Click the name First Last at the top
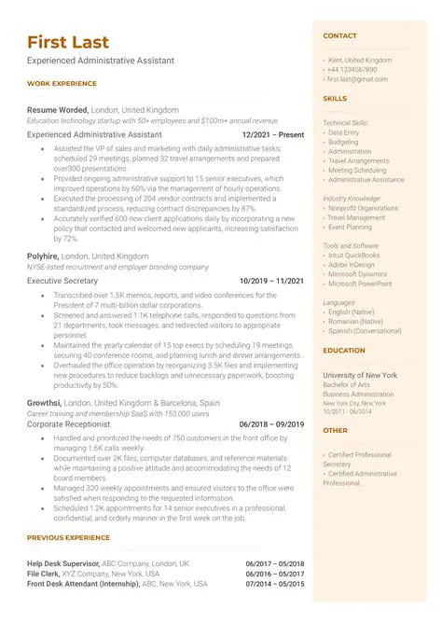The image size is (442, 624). [x=68, y=42]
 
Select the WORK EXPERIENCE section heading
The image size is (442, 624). [x=62, y=83]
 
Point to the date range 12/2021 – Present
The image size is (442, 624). [x=272, y=134]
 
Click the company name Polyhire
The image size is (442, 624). [x=43, y=256]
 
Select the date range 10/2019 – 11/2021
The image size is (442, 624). [x=271, y=280]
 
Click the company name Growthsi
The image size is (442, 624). [x=45, y=402]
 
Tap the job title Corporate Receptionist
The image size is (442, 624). [x=74, y=423]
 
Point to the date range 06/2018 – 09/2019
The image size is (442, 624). [x=271, y=423]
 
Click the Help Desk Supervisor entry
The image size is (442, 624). [x=70, y=563]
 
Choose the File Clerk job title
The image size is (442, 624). [x=45, y=573]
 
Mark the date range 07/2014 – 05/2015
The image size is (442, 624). [x=275, y=583]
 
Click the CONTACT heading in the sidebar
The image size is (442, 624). [x=339, y=35]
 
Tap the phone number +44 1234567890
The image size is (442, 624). [x=352, y=69]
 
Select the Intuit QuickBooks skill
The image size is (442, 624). [x=353, y=255]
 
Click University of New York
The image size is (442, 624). [x=360, y=374]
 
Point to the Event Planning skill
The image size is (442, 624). [x=350, y=227]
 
